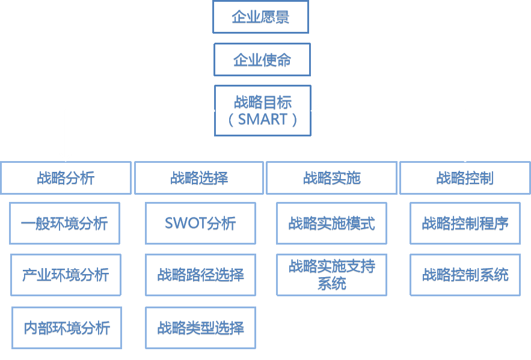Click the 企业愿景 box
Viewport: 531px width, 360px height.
260,17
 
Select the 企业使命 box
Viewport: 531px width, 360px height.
262,59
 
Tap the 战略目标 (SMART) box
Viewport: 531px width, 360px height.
263,110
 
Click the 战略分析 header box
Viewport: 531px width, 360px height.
66,178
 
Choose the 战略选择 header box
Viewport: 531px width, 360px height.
199,178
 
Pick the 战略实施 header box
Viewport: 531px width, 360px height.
331,178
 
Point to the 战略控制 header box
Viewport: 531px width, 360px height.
465,178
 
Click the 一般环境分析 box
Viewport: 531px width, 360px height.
65,224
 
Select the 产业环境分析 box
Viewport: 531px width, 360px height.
66,275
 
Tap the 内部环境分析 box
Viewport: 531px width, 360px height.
66,328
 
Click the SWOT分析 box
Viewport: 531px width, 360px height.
200,224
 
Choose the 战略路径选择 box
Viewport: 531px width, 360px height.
200,275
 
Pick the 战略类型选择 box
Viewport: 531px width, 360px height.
200,328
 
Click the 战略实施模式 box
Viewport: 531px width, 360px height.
331,224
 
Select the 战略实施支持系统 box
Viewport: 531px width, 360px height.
331,275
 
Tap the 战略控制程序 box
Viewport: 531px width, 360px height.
465,224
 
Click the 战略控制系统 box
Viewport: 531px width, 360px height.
465,275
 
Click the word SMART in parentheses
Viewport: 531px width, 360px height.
263,119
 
